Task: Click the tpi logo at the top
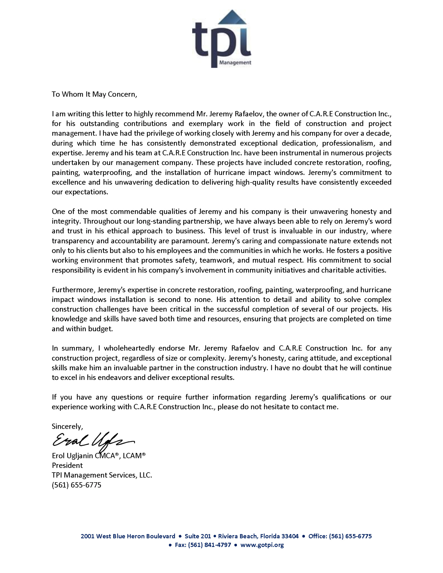tap(222, 39)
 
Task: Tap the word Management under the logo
tap(235, 62)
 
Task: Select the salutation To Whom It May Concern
tap(94, 94)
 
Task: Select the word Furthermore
tap(74, 290)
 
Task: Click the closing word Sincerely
tap(67, 426)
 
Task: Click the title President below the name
tap(67, 465)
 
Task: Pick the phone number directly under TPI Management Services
tap(77, 485)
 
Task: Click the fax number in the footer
tap(209, 545)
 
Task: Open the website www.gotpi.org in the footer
tap(262, 545)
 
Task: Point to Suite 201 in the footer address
tap(198, 536)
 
